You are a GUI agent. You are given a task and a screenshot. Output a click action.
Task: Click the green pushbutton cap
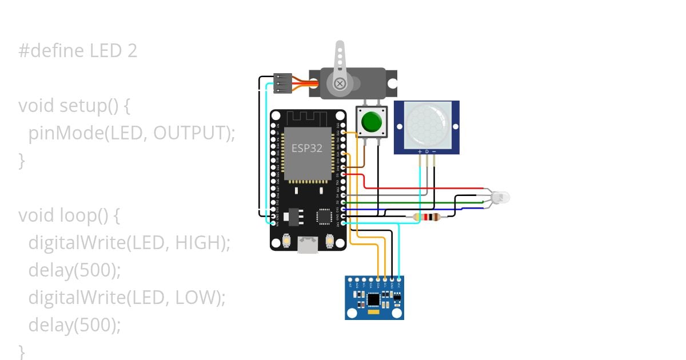[372, 122]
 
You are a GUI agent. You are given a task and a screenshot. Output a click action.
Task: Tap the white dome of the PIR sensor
[426, 124]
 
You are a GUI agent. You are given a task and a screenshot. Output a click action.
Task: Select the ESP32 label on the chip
[307, 148]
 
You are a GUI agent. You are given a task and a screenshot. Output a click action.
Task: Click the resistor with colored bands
[426, 217]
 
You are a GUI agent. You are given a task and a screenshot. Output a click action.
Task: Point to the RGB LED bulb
[500, 198]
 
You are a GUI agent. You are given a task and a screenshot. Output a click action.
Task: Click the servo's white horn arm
[340, 60]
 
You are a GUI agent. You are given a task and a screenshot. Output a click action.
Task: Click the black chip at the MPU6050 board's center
[373, 299]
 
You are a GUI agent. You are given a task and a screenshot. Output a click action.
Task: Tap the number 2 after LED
[132, 51]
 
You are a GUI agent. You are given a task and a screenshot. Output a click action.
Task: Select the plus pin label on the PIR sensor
[420, 151]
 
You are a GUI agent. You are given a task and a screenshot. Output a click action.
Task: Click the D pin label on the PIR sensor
[426, 151]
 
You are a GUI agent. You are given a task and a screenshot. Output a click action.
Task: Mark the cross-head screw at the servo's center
[340, 85]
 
